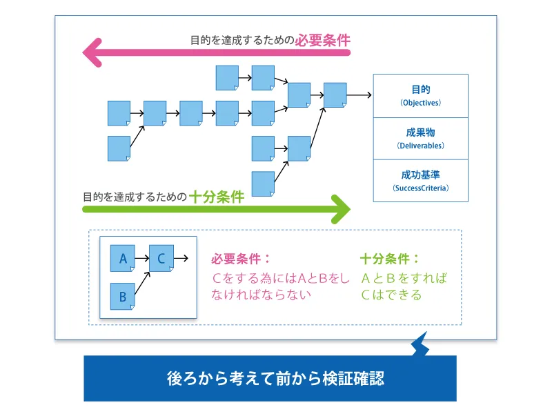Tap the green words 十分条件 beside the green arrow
coord(216,197)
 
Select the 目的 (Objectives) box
coord(420,97)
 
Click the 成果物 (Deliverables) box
coord(420,139)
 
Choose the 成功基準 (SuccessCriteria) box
coord(420,180)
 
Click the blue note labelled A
coord(123,259)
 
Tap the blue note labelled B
coord(123,297)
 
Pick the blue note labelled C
coord(161,259)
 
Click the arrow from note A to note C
coord(141,259)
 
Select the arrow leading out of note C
coord(181,259)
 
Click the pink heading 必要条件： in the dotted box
coord(241,259)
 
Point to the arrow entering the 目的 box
coord(359,95)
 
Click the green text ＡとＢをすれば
coord(404,278)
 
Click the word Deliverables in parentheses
coord(420,146)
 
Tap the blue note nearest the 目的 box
coord(335,95)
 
